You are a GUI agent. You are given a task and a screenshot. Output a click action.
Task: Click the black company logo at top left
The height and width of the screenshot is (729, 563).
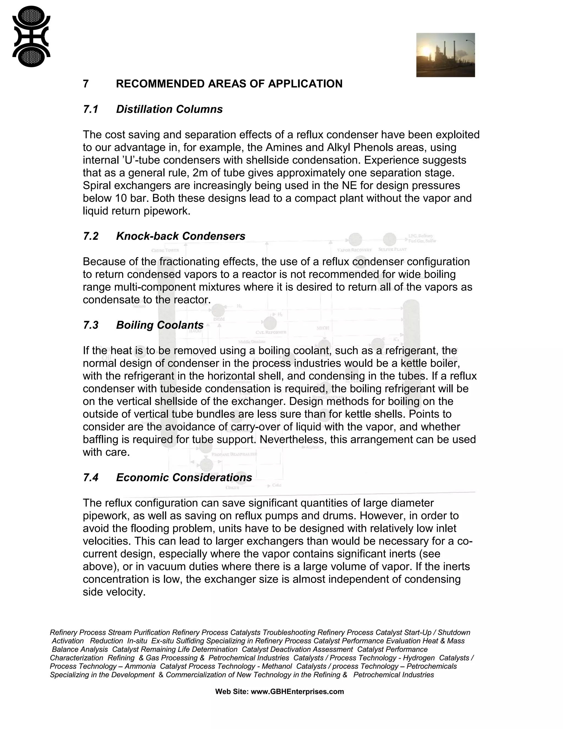pyautogui.click(x=31, y=36)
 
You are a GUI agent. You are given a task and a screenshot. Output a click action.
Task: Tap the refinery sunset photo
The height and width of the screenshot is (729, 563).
pyautogui.click(x=445, y=55)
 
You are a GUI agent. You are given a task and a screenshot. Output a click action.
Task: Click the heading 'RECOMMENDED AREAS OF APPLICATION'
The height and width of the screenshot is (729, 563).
pyautogui.click(x=229, y=84)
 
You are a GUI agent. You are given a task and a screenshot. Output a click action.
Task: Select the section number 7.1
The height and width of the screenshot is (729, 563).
pyautogui.click(x=90, y=109)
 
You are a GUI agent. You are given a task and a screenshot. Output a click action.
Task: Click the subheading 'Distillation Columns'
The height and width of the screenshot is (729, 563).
pyautogui.click(x=169, y=109)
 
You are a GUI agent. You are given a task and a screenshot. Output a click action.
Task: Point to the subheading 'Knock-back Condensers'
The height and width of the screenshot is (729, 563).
pyautogui.click(x=180, y=236)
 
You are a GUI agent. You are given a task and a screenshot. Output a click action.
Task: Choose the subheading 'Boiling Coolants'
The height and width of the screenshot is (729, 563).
pyautogui.click(x=160, y=325)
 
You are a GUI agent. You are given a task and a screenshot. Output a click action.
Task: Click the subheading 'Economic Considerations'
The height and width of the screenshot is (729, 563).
pyautogui.click(x=184, y=478)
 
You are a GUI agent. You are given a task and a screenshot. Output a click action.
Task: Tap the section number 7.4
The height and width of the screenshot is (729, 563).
pyautogui.click(x=90, y=478)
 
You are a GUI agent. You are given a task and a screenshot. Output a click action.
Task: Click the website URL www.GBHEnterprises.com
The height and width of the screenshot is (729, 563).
pyautogui.click(x=297, y=692)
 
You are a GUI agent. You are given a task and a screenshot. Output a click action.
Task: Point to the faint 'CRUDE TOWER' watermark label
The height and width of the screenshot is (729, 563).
pyautogui.click(x=165, y=250)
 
